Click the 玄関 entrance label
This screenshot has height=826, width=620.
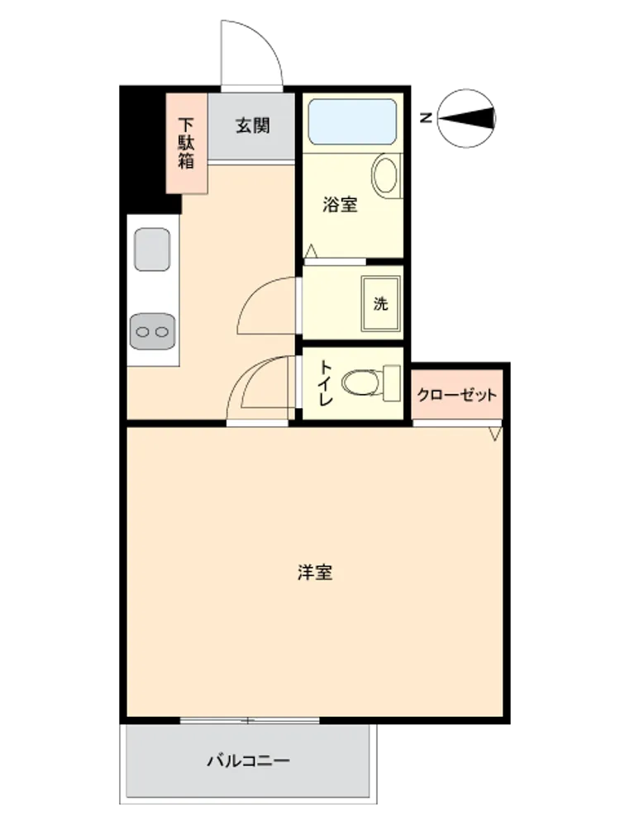tap(252, 126)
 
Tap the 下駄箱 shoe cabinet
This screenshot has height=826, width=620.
tap(187, 143)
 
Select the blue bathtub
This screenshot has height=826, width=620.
tap(352, 121)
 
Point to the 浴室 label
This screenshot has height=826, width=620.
tap(340, 204)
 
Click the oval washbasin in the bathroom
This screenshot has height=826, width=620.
tap(385, 175)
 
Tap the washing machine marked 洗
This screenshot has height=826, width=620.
tap(380, 303)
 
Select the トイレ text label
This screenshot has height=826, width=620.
tap(326, 383)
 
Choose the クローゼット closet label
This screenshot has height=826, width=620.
tap(456, 395)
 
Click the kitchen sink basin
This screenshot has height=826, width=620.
tap(152, 249)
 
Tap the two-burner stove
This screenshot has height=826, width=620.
tap(152, 331)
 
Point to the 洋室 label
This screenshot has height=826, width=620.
tap(315, 572)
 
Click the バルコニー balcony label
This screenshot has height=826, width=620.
tap(248, 761)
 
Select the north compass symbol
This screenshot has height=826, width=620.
tap(466, 118)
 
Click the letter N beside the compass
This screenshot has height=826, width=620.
tap(426, 118)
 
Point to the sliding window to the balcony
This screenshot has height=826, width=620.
tap(250, 720)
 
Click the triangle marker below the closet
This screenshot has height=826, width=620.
tap(494, 434)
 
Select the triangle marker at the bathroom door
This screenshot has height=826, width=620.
tap(311, 251)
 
